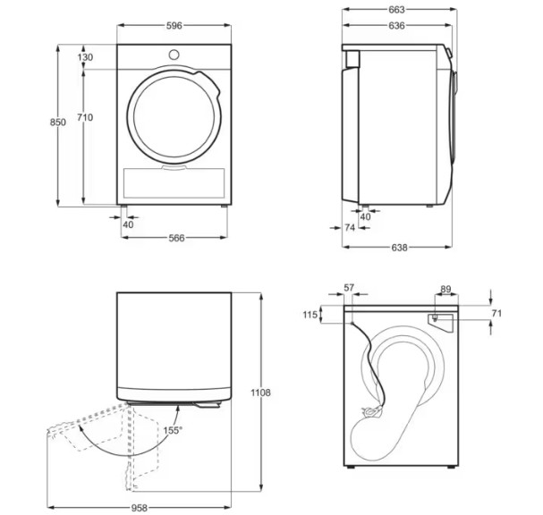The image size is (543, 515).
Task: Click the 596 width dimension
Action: click(174, 27)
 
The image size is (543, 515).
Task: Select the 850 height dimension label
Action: click(58, 122)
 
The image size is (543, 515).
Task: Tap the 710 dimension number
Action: click(85, 117)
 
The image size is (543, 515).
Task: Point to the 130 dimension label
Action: click(85, 57)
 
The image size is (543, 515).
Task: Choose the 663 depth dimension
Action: click(396, 10)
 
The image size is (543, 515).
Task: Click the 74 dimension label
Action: click(350, 228)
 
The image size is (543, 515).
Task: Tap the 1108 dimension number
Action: click(260, 393)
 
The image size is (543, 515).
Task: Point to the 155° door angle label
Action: click(172, 430)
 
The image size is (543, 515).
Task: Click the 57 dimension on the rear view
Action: click(349, 289)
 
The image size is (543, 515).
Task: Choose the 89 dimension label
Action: click(445, 289)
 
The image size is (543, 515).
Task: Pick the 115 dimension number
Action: click(310, 315)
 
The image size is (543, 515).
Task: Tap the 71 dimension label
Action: click(497, 314)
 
